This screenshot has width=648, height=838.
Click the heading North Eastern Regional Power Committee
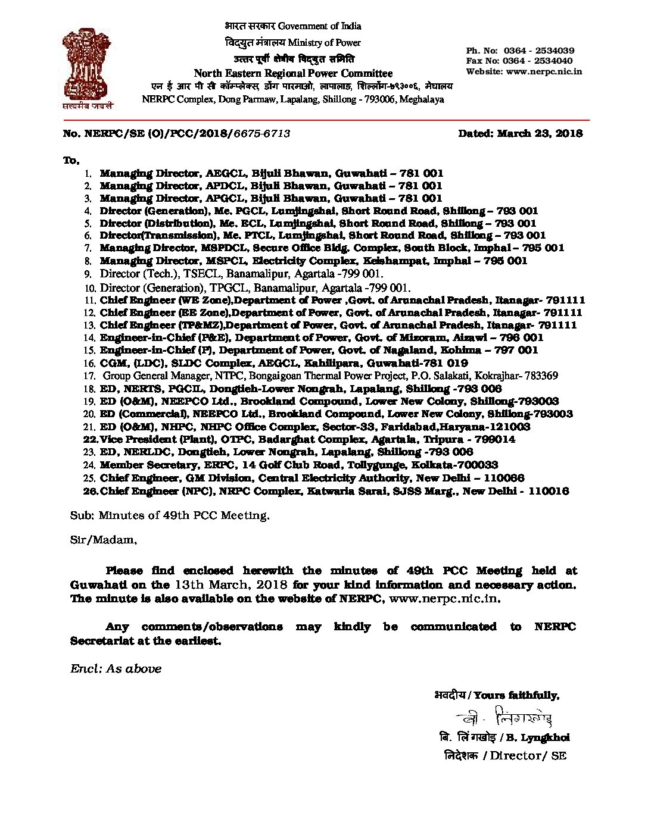coord(294,73)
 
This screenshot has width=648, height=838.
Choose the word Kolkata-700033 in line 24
coord(456,465)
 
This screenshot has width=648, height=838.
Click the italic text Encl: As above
coord(116,668)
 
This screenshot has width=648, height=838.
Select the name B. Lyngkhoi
coord(539,737)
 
